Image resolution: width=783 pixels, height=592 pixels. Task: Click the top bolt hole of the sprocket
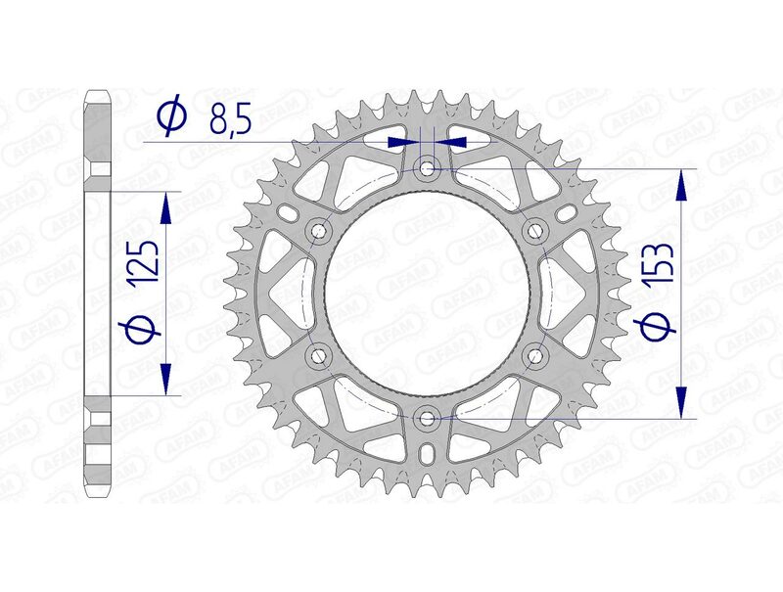[428, 168]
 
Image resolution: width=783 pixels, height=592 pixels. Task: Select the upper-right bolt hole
[534, 230]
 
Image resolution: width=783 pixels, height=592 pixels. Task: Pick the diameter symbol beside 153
[663, 329]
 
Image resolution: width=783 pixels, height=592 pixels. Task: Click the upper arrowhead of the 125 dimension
[165, 205]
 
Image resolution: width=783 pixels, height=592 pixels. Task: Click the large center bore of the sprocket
[428, 294]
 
